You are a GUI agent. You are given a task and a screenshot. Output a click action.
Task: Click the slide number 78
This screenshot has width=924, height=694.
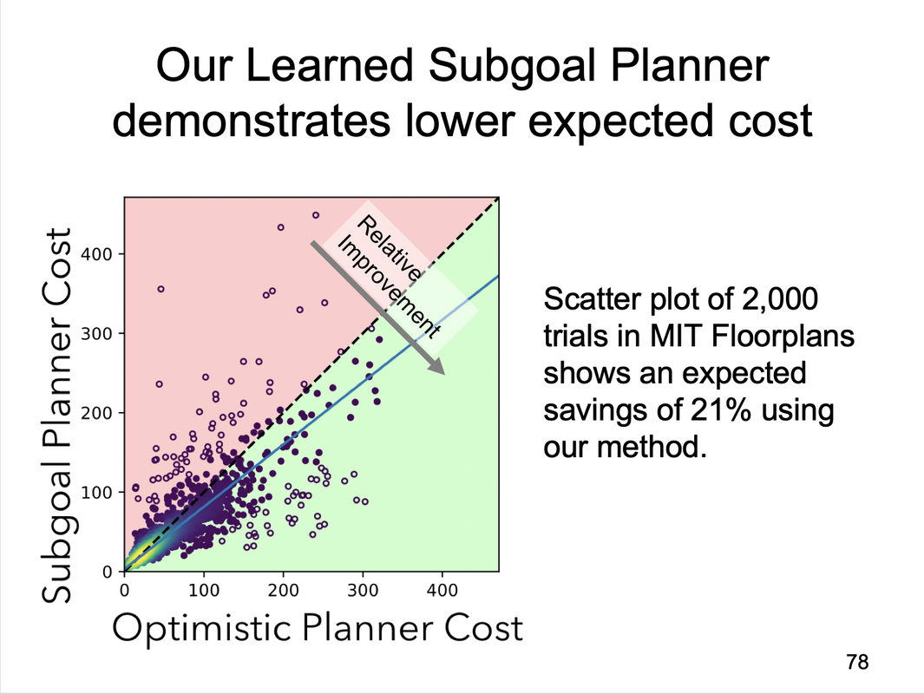[x=856, y=662]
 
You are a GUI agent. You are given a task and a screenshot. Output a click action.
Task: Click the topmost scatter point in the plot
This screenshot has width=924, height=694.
[x=316, y=215]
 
